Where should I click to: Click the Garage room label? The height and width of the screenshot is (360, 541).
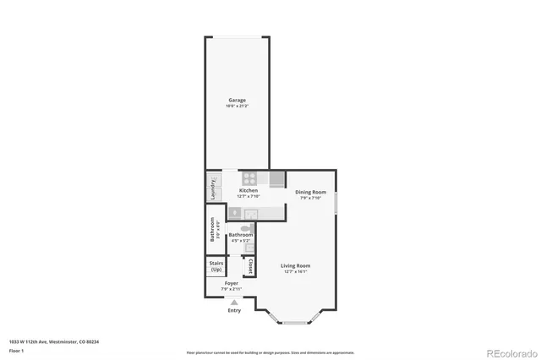[x=237, y=100]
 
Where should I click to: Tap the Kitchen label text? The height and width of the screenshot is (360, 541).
[x=249, y=191]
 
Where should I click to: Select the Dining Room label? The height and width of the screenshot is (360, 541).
[x=310, y=192]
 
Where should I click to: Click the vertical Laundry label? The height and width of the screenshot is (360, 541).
[x=213, y=187]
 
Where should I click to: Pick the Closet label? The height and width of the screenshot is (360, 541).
[x=250, y=265]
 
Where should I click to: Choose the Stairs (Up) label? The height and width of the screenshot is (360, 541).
[x=216, y=267]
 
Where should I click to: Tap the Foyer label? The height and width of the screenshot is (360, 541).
[x=232, y=283]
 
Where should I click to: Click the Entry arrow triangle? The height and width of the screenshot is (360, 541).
[x=234, y=302]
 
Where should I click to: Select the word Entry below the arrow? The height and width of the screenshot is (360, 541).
[x=234, y=311]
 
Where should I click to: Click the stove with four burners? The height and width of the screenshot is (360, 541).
[x=249, y=178]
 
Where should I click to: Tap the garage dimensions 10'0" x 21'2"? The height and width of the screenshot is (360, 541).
[x=237, y=106]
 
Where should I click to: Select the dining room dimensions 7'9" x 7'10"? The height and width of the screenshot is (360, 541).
[x=310, y=198]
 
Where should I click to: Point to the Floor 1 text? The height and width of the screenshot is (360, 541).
[x=17, y=349]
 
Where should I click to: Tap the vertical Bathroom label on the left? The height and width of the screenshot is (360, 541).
[x=213, y=230]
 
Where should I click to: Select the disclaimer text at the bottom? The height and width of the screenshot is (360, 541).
[x=270, y=352]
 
